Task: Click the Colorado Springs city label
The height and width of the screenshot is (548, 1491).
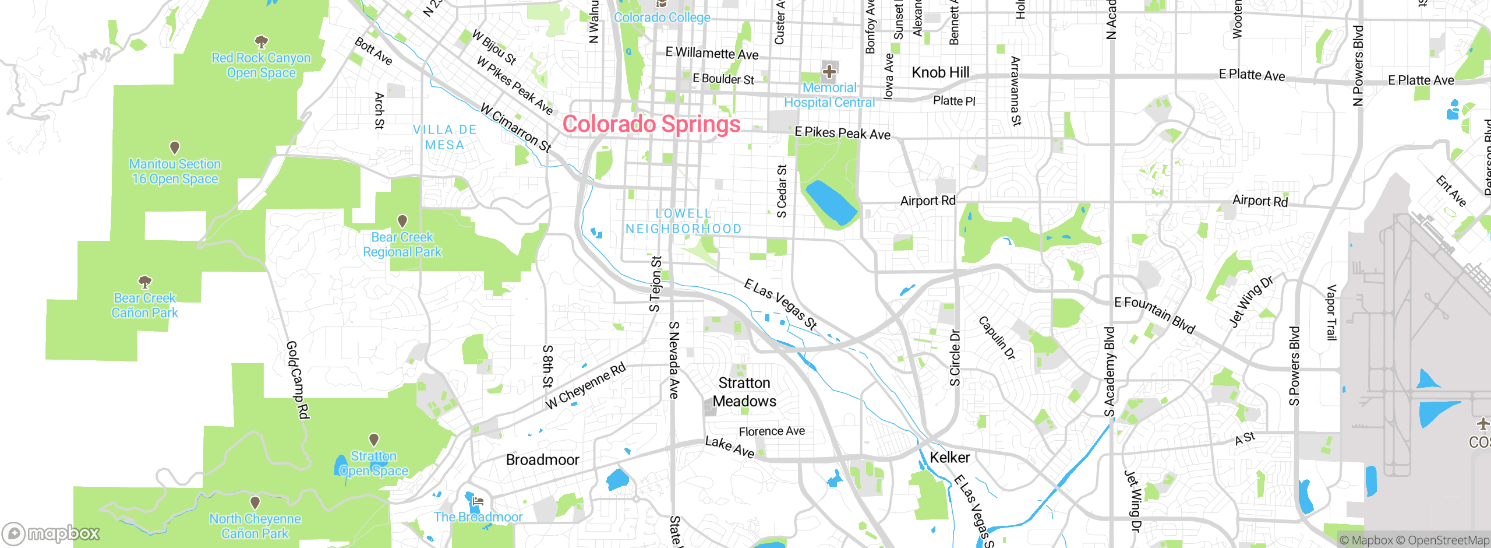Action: click(x=651, y=124)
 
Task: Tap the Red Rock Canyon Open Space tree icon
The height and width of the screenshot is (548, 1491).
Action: click(x=262, y=41)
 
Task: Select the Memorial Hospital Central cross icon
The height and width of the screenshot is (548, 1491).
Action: click(x=829, y=72)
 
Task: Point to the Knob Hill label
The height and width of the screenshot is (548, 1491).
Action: click(x=940, y=72)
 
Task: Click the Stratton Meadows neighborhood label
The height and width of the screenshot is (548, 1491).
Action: click(x=744, y=392)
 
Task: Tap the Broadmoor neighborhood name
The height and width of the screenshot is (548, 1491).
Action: click(x=542, y=460)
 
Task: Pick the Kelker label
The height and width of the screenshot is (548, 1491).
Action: click(x=949, y=458)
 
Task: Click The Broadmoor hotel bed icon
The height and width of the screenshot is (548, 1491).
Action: click(x=478, y=501)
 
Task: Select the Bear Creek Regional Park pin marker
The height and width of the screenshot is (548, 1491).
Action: click(x=402, y=221)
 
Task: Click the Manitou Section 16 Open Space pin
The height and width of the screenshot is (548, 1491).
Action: click(x=174, y=147)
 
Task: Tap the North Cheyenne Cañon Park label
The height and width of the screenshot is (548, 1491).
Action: click(x=255, y=526)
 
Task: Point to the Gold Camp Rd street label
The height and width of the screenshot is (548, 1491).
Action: click(x=297, y=380)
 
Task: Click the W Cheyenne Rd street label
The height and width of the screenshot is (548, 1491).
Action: click(x=585, y=386)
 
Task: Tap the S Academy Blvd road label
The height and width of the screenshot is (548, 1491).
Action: click(x=1110, y=371)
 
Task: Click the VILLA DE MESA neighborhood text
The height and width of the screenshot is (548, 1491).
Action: click(x=444, y=138)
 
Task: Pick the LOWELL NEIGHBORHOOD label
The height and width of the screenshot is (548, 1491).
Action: click(x=683, y=222)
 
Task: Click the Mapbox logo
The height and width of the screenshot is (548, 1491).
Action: click(x=51, y=533)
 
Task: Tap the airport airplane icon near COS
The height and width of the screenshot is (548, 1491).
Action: click(x=1482, y=424)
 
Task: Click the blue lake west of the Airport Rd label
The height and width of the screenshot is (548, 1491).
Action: click(x=831, y=202)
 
